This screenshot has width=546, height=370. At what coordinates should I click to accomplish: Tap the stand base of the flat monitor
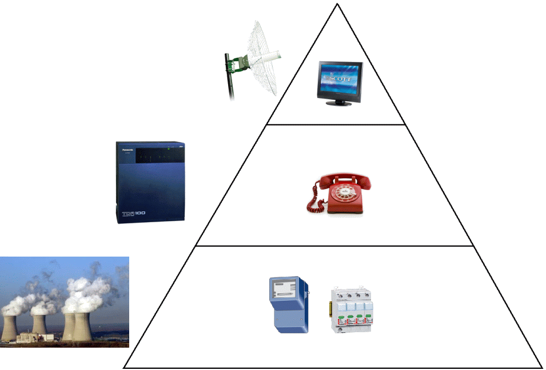(x=340, y=104)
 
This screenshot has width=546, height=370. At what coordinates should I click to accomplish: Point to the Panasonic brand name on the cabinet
(x=125, y=151)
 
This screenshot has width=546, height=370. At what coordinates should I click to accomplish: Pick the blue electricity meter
(x=289, y=305)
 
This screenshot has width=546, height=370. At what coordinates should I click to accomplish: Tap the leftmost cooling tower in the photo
(x=9, y=326)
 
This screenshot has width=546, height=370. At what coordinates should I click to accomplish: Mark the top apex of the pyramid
(x=337, y=5)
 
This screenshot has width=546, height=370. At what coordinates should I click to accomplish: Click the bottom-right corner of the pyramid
(x=541, y=367)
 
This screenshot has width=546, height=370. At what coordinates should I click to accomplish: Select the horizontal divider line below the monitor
(x=336, y=124)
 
